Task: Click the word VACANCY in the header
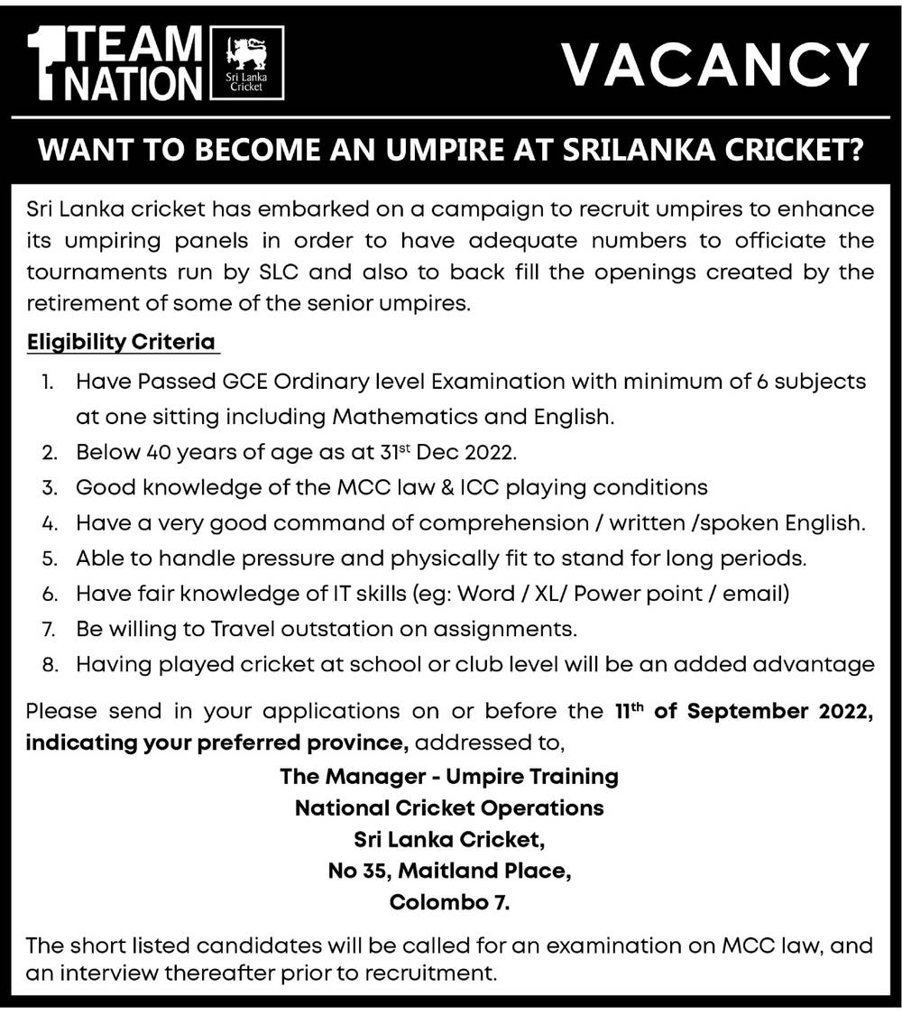point(713,65)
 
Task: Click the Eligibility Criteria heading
point(121,343)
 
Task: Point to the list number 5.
point(51,558)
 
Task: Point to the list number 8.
point(51,665)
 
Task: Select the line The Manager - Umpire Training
point(449,777)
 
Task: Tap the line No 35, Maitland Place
point(449,872)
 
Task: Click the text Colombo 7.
point(449,902)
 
